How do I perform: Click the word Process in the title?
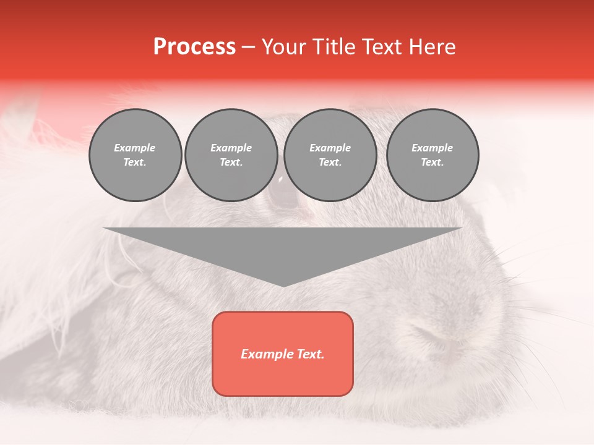(194, 47)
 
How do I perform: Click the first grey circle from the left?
(135, 155)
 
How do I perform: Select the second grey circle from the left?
(231, 155)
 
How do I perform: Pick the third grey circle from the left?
(330, 155)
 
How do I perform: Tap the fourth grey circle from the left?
(433, 155)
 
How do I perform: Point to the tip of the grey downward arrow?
(283, 285)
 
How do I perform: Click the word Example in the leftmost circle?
(135, 148)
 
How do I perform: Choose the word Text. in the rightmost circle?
(433, 162)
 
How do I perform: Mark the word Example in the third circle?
(330, 148)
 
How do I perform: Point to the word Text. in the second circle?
(231, 162)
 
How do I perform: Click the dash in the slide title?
(249, 47)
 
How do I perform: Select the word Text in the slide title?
(381, 47)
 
